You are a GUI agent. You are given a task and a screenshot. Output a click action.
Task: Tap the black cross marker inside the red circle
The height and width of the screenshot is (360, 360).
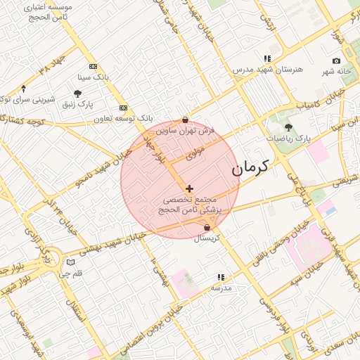tap(189, 188)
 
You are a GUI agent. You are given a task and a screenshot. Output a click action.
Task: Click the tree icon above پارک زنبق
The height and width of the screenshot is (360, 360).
tap(77, 94)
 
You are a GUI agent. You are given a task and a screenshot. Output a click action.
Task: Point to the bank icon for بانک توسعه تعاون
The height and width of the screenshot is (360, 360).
tap(124, 108)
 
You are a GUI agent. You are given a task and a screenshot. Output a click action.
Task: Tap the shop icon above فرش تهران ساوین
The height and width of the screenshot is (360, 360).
tap(185, 120)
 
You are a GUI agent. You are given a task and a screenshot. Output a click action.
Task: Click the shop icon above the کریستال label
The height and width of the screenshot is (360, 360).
tap(207, 228)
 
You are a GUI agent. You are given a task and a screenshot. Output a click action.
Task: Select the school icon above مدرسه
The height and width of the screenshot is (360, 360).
tap(221, 277)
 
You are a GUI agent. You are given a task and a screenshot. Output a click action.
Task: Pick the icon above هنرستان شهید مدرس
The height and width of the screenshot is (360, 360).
tap(267, 58)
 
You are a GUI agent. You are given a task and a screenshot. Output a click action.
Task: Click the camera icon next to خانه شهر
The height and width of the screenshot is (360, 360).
tap(336, 61)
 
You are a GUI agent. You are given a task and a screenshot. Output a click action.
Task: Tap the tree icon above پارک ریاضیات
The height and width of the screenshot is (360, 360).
tap(288, 127)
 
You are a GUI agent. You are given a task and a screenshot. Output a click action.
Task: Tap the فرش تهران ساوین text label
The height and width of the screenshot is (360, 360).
tap(185, 131)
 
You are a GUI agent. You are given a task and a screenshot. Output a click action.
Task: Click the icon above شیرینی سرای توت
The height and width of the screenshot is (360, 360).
tap(24, 89)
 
